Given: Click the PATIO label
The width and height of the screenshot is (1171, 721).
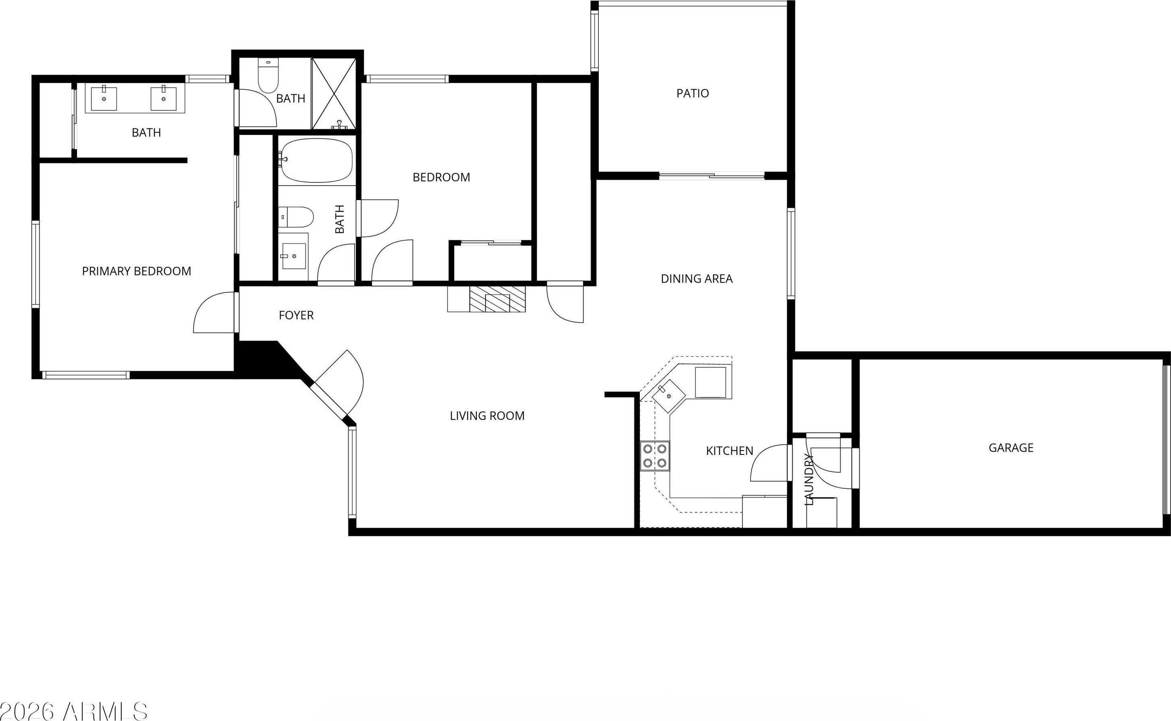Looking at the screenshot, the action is [693, 93].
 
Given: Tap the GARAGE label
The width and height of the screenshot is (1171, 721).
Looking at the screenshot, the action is [1011, 448].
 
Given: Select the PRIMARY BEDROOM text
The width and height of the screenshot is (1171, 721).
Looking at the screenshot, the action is [136, 271].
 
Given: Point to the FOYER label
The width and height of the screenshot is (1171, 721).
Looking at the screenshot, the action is [296, 315].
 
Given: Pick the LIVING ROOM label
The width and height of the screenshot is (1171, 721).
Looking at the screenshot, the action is [487, 416].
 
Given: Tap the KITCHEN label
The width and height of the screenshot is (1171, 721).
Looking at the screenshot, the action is [729, 450].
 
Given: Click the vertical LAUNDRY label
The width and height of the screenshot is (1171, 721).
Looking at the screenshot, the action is [809, 479].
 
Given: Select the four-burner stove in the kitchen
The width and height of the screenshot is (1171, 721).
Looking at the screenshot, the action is [655, 456].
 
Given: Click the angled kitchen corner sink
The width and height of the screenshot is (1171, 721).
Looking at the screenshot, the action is [669, 396].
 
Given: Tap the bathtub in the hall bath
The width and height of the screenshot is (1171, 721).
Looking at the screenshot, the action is [316, 161].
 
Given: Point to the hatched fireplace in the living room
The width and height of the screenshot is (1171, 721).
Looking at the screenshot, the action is [497, 299].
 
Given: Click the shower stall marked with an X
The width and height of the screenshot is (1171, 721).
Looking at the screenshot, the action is [334, 93].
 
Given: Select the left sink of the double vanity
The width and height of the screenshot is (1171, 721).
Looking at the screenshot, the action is [104, 98].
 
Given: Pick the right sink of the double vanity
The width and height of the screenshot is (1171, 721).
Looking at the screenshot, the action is [163, 98].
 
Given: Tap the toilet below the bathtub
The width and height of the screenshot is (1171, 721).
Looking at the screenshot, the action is [296, 217].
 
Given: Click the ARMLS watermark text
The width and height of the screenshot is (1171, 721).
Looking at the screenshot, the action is [74, 711].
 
